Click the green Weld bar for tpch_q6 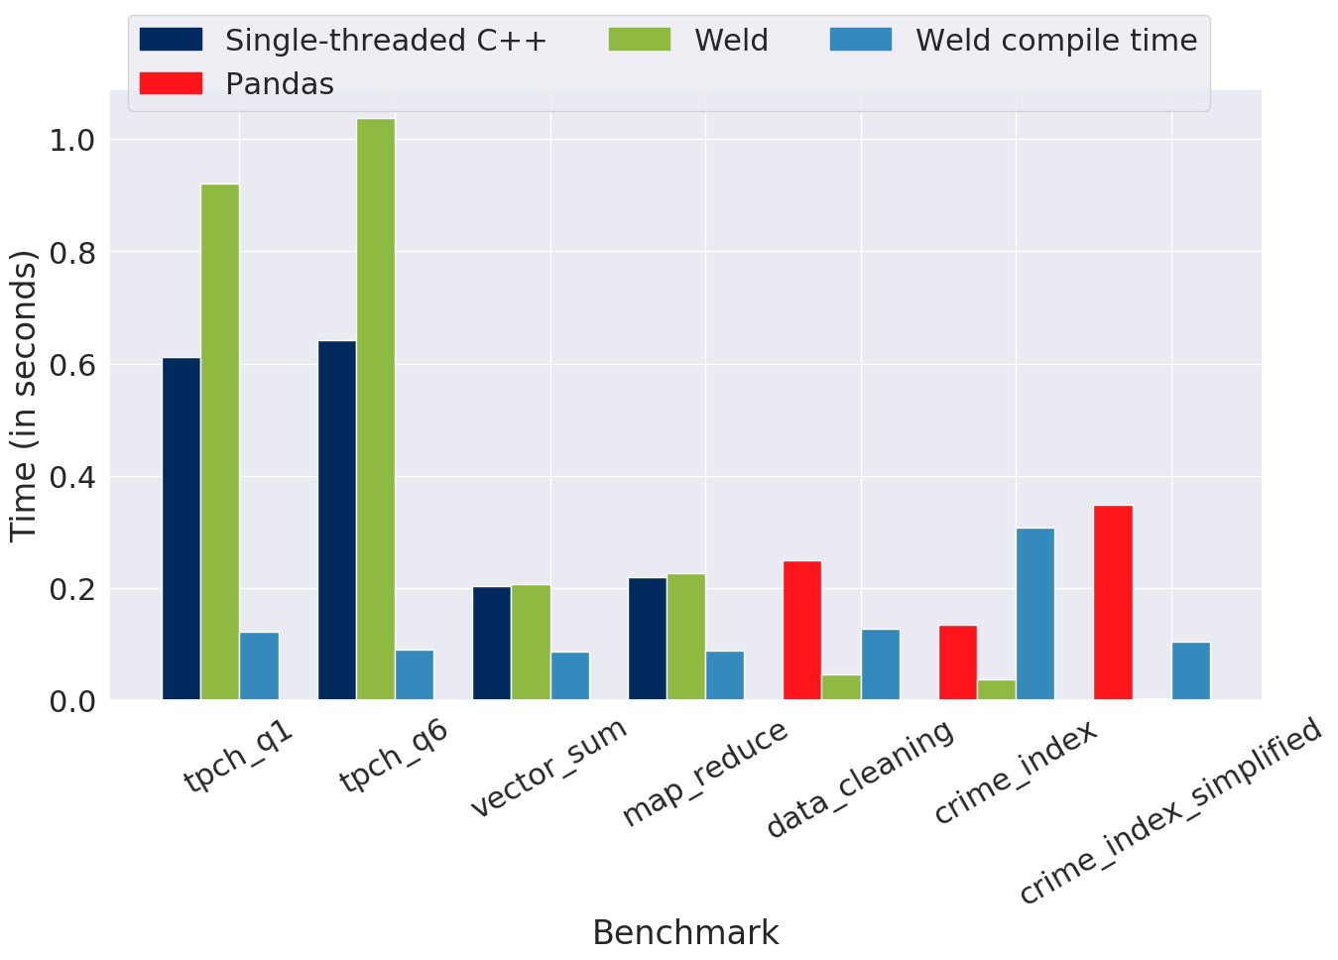(x=376, y=410)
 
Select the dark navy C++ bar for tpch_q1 (x=182, y=529)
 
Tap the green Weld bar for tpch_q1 (x=220, y=442)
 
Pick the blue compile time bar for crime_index (x=1035, y=614)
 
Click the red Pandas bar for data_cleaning (x=802, y=630)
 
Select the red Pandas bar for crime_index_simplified (x=1114, y=602)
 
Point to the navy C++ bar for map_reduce (x=648, y=639)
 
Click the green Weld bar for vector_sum (x=531, y=643)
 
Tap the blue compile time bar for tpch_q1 (x=259, y=665)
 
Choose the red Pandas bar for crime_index (x=958, y=662)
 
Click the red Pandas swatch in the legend (x=171, y=83)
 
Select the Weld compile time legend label (x=1056, y=41)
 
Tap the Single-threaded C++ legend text (x=386, y=41)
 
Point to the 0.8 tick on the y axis (x=72, y=253)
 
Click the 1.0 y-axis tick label (x=72, y=141)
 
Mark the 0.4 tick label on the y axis (x=72, y=477)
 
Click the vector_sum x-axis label (x=549, y=767)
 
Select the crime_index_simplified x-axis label (x=1170, y=810)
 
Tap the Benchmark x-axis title (x=685, y=932)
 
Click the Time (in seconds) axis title (x=24, y=397)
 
